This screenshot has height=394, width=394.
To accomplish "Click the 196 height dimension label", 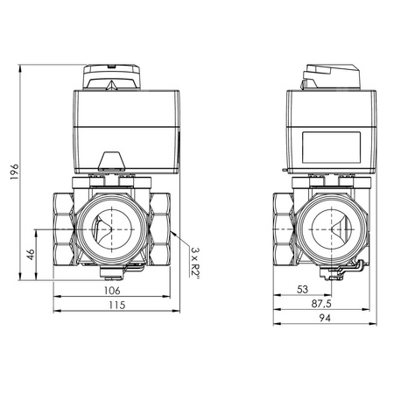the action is (14, 172).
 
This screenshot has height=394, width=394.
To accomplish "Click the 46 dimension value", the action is (31, 254).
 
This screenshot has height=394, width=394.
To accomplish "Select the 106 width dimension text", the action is (112, 291).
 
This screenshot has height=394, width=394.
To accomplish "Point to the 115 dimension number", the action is (117, 305).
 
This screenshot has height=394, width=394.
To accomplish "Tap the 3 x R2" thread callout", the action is (194, 263).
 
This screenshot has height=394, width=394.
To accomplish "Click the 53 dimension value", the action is (302, 289).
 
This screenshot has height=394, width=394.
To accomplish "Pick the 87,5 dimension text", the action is (321, 304).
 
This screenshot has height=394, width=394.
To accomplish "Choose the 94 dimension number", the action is (325, 318).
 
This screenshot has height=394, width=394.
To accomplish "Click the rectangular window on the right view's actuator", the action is (331, 147).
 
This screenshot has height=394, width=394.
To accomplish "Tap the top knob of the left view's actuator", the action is (112, 77).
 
